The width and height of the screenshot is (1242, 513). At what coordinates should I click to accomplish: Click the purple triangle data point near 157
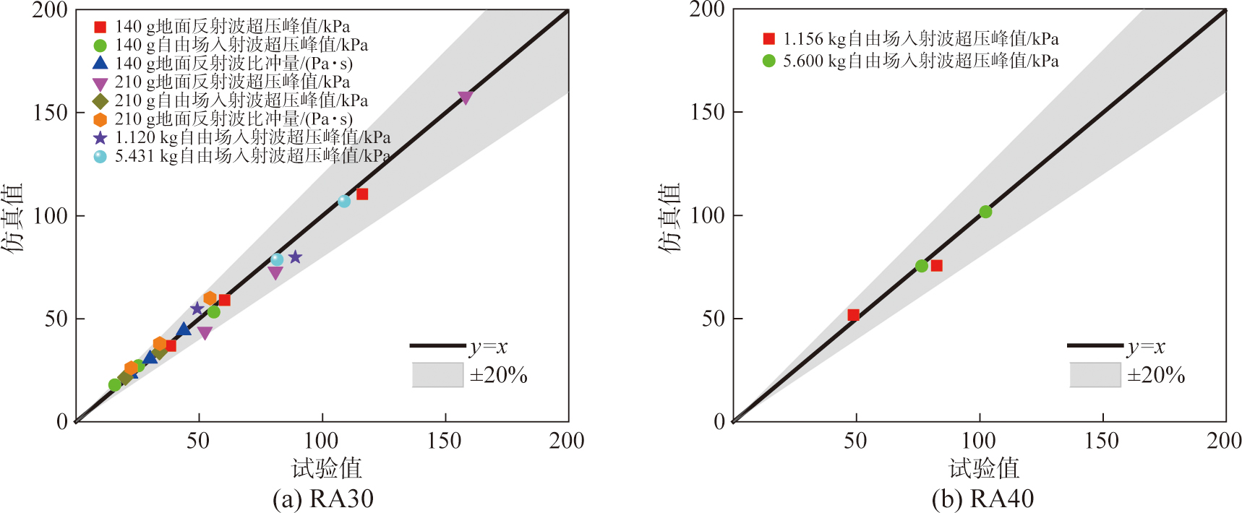(x=465, y=98)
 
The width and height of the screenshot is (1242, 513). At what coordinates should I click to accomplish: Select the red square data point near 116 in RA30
(x=362, y=194)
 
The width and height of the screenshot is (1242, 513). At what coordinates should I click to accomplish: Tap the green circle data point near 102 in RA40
(x=985, y=212)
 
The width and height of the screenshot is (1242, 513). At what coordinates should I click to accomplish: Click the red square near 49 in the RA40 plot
(x=853, y=315)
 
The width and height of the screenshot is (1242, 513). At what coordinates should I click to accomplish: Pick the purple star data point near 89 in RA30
(x=295, y=257)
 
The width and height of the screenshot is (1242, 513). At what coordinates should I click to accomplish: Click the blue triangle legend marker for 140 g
(x=100, y=63)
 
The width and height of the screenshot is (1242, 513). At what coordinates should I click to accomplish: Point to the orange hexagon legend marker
(x=100, y=119)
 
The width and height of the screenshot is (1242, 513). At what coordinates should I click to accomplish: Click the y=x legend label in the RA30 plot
(x=489, y=347)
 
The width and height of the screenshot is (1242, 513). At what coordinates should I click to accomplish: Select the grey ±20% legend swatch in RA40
(x=1095, y=375)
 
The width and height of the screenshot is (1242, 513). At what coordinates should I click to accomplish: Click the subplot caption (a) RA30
(x=322, y=499)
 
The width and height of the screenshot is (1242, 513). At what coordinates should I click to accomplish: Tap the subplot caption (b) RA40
(x=982, y=499)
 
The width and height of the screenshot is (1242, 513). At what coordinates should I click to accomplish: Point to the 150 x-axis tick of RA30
(x=445, y=441)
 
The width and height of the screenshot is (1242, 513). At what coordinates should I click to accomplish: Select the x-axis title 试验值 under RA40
(x=983, y=468)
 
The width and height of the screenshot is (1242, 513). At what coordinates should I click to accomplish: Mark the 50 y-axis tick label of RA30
(x=56, y=319)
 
